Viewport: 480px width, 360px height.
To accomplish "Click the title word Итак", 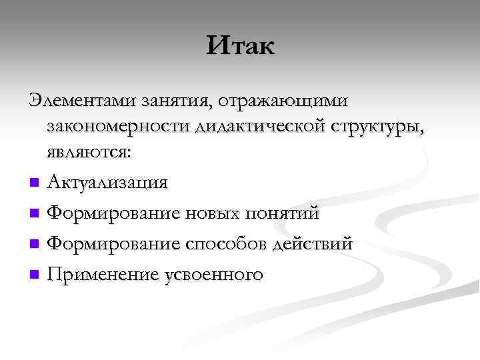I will coord(241,46).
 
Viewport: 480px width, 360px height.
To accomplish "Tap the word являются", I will coord(89,151).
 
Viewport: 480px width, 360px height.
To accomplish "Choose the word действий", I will coord(312,243).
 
